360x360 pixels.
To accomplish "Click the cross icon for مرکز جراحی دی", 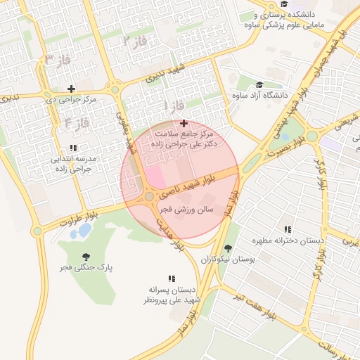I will (71, 89).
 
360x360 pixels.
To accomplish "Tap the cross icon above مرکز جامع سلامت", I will (184, 124).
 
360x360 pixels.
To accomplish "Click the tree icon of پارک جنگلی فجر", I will (86, 257).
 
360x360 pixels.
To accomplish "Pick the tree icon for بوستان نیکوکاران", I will (228, 248).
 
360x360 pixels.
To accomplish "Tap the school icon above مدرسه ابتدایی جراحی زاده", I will (73, 148).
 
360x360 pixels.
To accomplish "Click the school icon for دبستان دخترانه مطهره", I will (288, 230).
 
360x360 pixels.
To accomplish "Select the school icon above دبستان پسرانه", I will (172, 279).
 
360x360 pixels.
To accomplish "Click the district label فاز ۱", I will (174, 105).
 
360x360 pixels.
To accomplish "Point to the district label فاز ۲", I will (136, 41).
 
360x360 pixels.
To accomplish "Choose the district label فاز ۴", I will (77, 123).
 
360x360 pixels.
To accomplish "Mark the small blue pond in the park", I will (84, 230).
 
